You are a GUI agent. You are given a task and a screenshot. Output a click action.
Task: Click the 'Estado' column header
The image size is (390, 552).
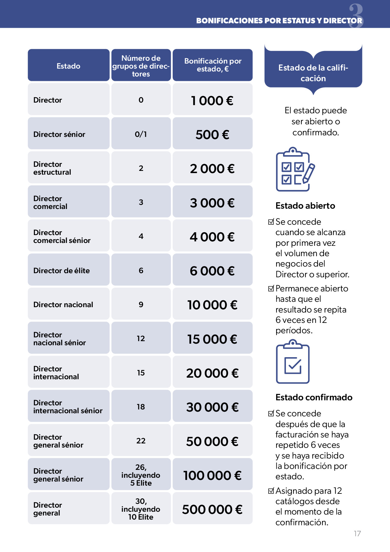(68, 66)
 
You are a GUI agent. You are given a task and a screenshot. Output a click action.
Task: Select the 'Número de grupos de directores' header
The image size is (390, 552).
(141, 66)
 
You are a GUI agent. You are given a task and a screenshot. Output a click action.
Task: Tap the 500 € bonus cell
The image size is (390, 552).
(212, 134)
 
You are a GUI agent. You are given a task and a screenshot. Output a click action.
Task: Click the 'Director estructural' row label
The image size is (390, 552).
(52, 168)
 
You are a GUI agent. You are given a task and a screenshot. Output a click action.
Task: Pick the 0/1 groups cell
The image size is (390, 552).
(141, 134)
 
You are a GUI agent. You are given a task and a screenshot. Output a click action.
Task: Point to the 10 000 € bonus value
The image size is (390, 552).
(212, 305)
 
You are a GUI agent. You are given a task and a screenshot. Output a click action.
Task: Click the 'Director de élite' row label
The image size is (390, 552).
(62, 271)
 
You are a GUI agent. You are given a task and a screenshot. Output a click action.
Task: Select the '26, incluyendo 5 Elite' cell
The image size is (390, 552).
(141, 475)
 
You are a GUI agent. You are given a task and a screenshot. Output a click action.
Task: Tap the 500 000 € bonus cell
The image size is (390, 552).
(212, 509)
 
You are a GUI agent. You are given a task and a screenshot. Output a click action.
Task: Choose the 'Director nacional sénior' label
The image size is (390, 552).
(59, 339)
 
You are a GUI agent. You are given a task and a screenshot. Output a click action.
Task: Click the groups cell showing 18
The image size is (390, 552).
(141, 407)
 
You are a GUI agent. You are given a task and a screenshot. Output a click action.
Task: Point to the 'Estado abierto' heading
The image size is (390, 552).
(305, 206)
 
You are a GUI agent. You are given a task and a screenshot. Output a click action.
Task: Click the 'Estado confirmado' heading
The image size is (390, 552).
(314, 397)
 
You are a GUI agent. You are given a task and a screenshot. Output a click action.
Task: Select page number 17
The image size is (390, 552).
(357, 533)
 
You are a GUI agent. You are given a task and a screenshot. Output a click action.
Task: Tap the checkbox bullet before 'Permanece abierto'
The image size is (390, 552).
(271, 288)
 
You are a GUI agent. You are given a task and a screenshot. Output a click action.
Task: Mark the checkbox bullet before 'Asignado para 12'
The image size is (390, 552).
(271, 491)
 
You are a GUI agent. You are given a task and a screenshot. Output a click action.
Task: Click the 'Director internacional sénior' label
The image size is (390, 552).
(68, 407)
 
